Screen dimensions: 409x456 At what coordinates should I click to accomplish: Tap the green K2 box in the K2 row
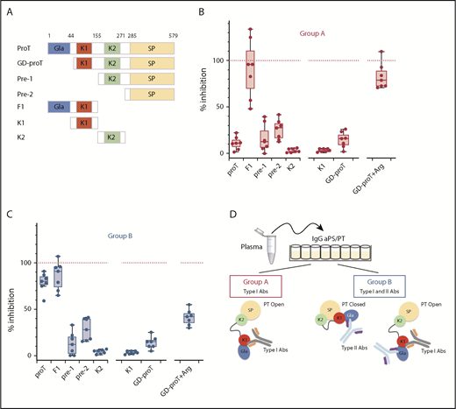[111, 138]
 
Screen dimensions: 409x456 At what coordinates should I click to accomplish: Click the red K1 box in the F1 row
[84, 108]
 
